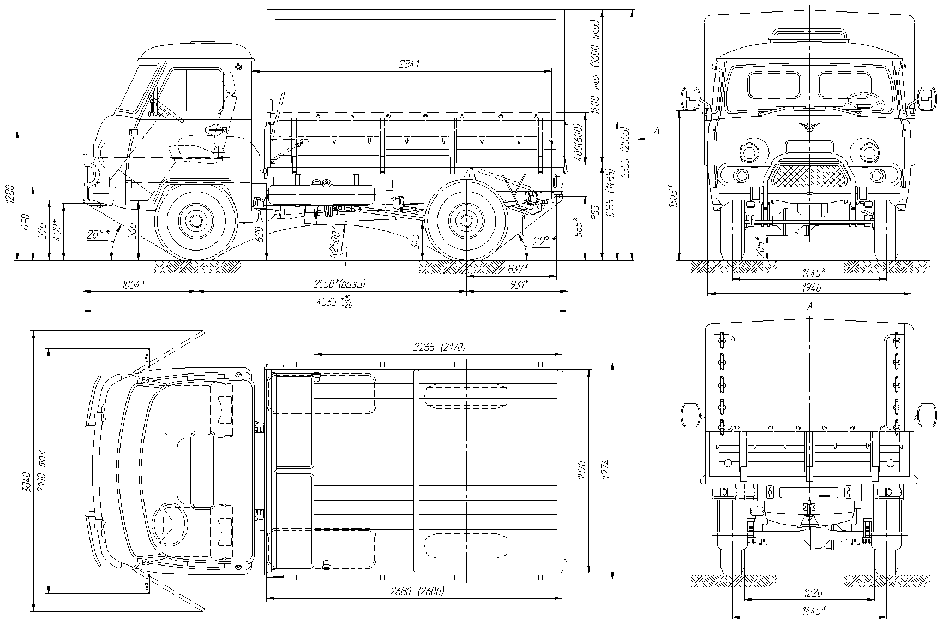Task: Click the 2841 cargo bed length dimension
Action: click(409, 64)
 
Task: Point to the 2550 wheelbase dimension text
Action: click(339, 284)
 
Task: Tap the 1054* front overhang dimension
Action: click(133, 284)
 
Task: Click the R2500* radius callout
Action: click(336, 245)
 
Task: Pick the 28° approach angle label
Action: click(98, 234)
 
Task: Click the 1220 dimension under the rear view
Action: click(813, 592)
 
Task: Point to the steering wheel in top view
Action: click(170, 525)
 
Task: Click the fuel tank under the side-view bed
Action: click(322, 194)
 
